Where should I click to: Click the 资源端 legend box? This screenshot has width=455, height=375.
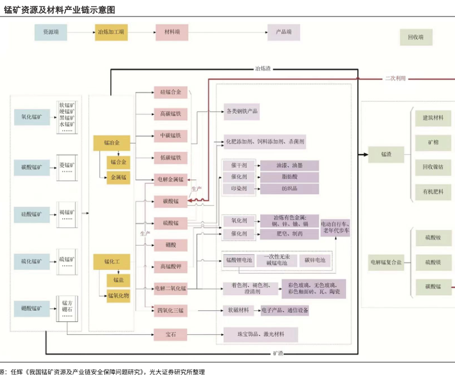pyautogui.click(x=51, y=32)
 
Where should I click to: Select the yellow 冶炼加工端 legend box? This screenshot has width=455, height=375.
pyautogui.click(x=112, y=32)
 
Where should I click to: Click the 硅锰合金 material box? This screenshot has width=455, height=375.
pyautogui.click(x=171, y=92)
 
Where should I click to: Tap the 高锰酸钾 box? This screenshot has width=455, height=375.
pyautogui.click(x=171, y=266)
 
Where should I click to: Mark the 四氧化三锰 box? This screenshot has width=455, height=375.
pyautogui.click(x=171, y=310)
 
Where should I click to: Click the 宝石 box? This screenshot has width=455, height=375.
pyautogui.click(x=171, y=334)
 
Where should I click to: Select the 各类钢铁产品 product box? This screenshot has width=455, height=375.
pyautogui.click(x=242, y=111)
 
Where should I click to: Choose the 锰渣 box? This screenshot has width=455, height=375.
pyautogui.click(x=386, y=154)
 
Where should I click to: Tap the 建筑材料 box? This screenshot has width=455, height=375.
pyautogui.click(x=433, y=118)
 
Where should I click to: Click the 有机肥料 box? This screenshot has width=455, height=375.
pyautogui.click(x=433, y=192)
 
